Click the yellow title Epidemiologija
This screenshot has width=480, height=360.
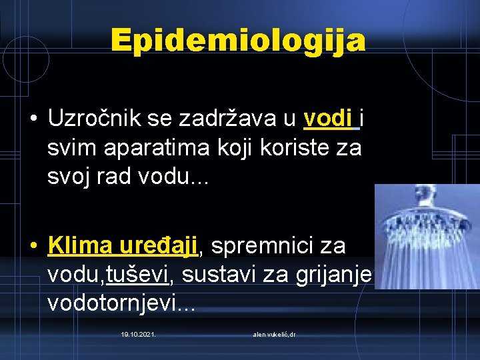point(239,41)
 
